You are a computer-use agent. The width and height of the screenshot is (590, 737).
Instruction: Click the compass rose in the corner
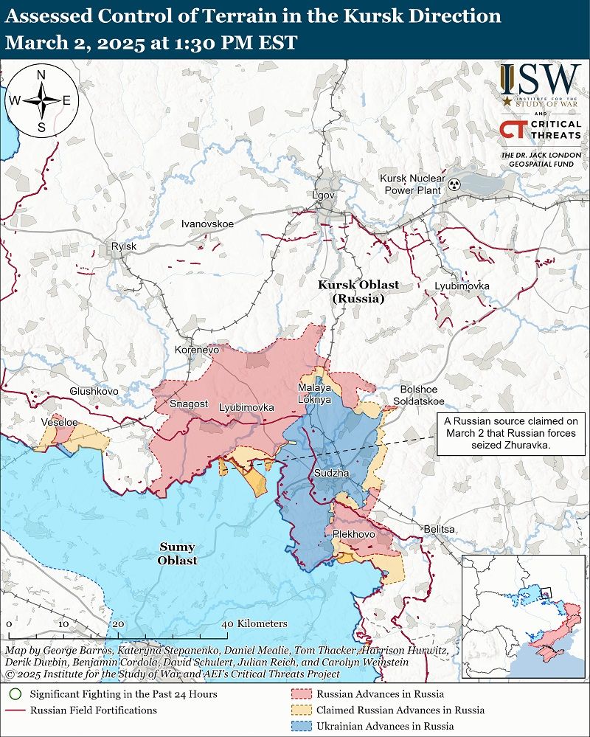click(x=42, y=100)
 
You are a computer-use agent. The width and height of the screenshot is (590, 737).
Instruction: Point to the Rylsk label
click(x=122, y=246)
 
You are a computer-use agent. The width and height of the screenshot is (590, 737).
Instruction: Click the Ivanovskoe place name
click(x=208, y=223)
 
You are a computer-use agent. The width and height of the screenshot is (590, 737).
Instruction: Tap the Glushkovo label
click(x=94, y=391)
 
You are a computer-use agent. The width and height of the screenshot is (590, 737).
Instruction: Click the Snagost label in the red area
click(x=188, y=404)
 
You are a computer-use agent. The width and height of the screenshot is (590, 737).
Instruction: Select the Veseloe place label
click(x=60, y=422)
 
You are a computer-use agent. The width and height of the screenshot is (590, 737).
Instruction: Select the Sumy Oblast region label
click(x=177, y=553)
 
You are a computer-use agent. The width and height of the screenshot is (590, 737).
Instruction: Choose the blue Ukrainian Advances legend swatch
click(x=302, y=727)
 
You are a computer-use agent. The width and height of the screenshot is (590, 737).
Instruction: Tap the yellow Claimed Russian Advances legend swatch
click(x=302, y=710)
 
